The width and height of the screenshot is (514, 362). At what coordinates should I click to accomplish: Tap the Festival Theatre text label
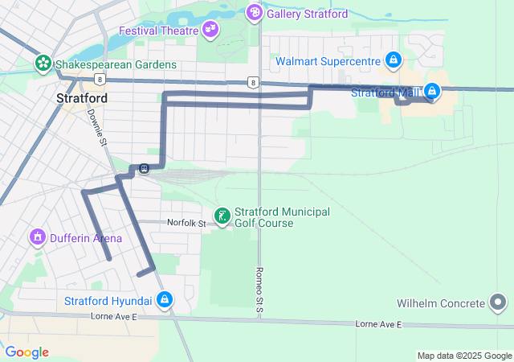click(x=158, y=31)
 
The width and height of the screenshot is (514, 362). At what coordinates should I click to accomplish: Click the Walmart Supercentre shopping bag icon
click(x=394, y=60)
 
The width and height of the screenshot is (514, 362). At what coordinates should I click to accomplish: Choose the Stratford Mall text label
click(x=385, y=93)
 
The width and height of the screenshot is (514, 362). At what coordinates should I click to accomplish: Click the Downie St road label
click(x=97, y=127)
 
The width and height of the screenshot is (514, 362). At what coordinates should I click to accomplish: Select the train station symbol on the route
click(x=144, y=168)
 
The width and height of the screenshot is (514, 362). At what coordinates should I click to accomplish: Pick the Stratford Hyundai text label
click(x=108, y=301)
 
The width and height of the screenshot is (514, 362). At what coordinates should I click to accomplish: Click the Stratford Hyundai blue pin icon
click(x=165, y=300)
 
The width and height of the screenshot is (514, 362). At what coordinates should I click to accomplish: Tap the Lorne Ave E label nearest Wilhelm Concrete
click(x=377, y=323)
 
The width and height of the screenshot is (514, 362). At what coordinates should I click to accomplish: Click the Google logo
click(x=27, y=352)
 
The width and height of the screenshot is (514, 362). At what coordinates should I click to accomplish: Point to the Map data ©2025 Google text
click(x=463, y=356)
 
